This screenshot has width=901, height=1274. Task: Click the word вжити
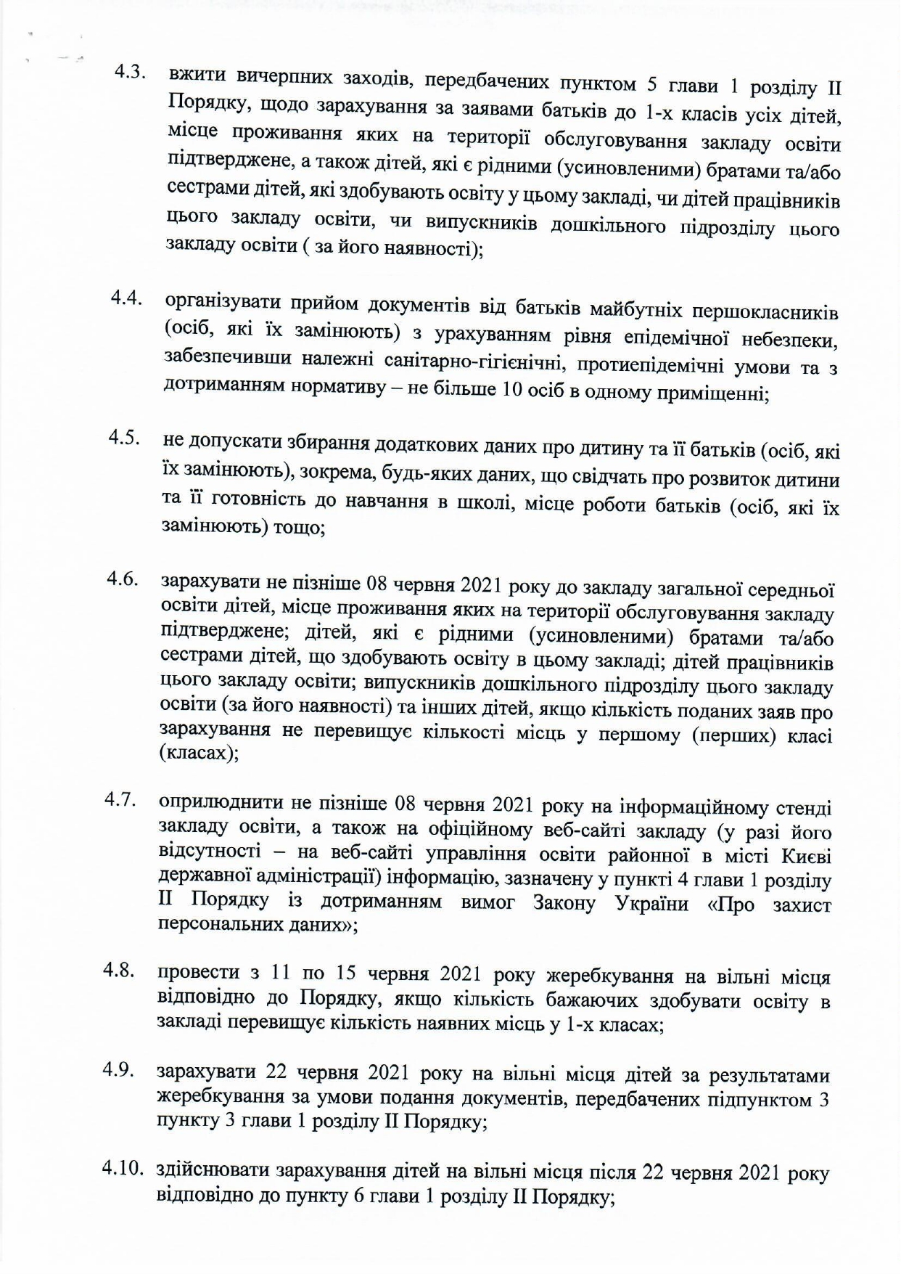197,78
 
